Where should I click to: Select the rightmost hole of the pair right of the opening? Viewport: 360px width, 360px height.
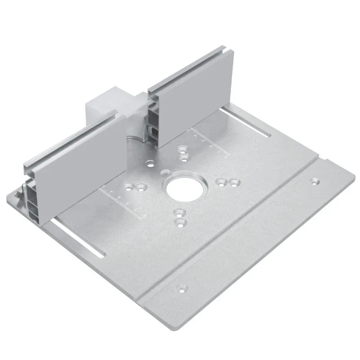coord(233,183)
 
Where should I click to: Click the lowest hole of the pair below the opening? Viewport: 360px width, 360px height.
coord(180,221)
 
